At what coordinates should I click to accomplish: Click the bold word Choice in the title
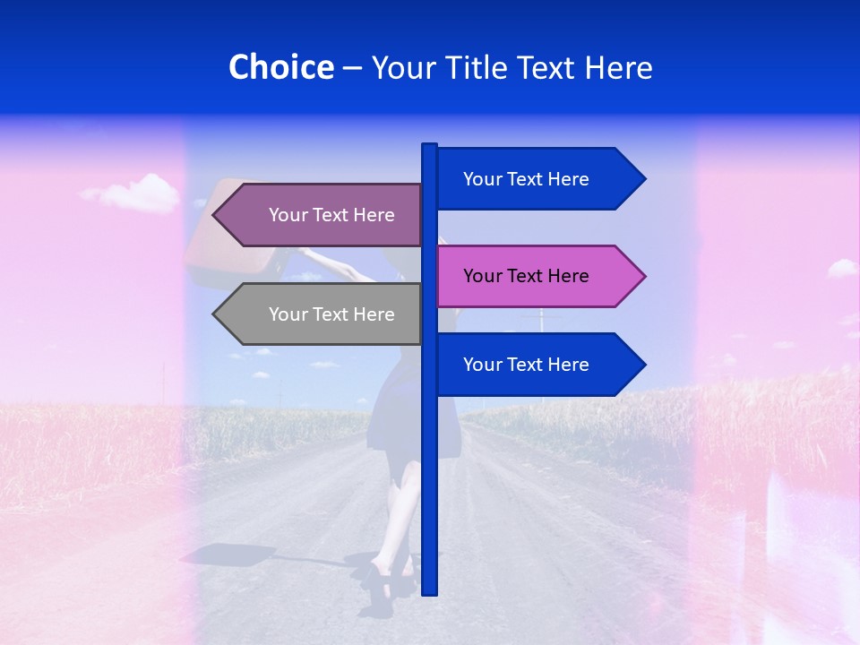(280, 67)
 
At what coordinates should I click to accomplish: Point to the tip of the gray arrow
(215, 314)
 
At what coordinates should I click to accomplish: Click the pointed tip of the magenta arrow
(643, 276)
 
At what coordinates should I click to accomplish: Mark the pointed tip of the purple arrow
(215, 215)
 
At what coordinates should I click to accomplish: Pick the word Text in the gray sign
(331, 314)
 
